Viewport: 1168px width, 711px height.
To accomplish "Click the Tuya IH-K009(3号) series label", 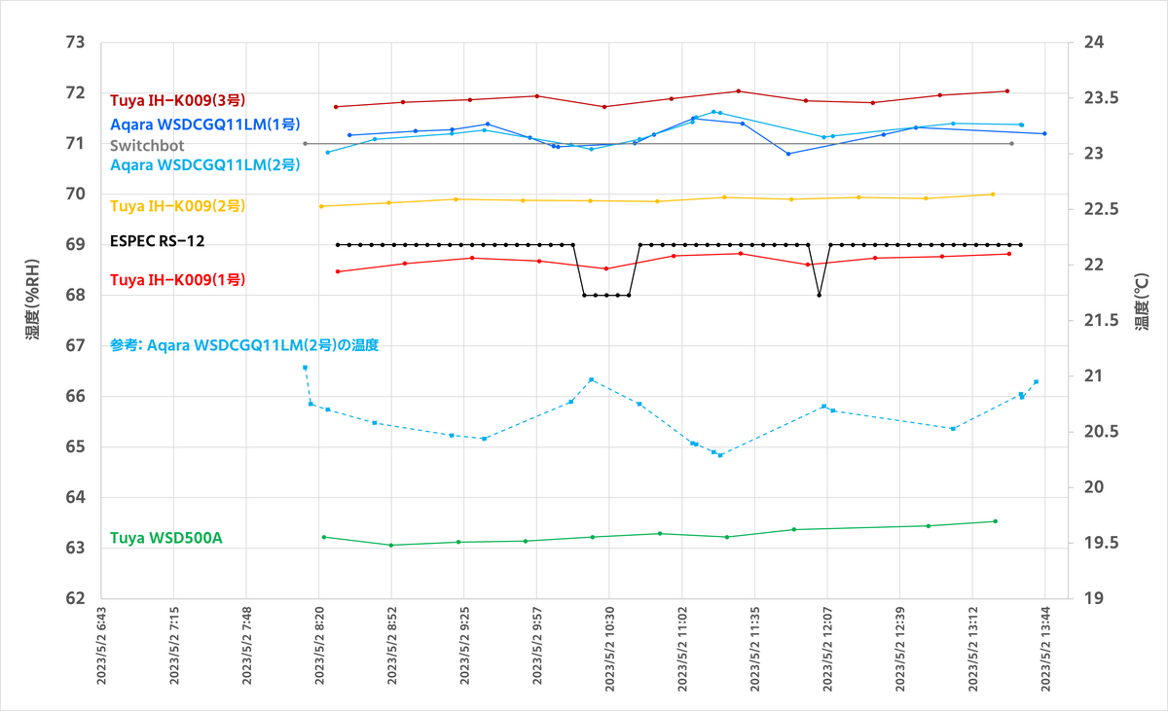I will (177, 99).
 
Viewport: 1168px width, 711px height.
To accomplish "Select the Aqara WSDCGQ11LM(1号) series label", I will (205, 124).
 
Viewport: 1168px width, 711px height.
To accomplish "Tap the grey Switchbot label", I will (147, 145).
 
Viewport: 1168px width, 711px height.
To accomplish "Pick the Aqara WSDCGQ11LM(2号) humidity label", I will (205, 165).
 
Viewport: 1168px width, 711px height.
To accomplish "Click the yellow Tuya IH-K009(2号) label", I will (177, 206).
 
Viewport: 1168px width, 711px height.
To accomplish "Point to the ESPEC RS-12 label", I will (158, 241).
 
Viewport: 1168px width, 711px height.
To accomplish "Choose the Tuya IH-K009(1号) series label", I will (177, 279).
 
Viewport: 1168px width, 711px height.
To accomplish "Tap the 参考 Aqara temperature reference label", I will (243, 345).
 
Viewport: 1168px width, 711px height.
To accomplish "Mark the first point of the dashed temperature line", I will (305, 368).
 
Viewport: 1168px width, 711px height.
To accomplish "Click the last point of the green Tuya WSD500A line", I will (995, 521).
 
